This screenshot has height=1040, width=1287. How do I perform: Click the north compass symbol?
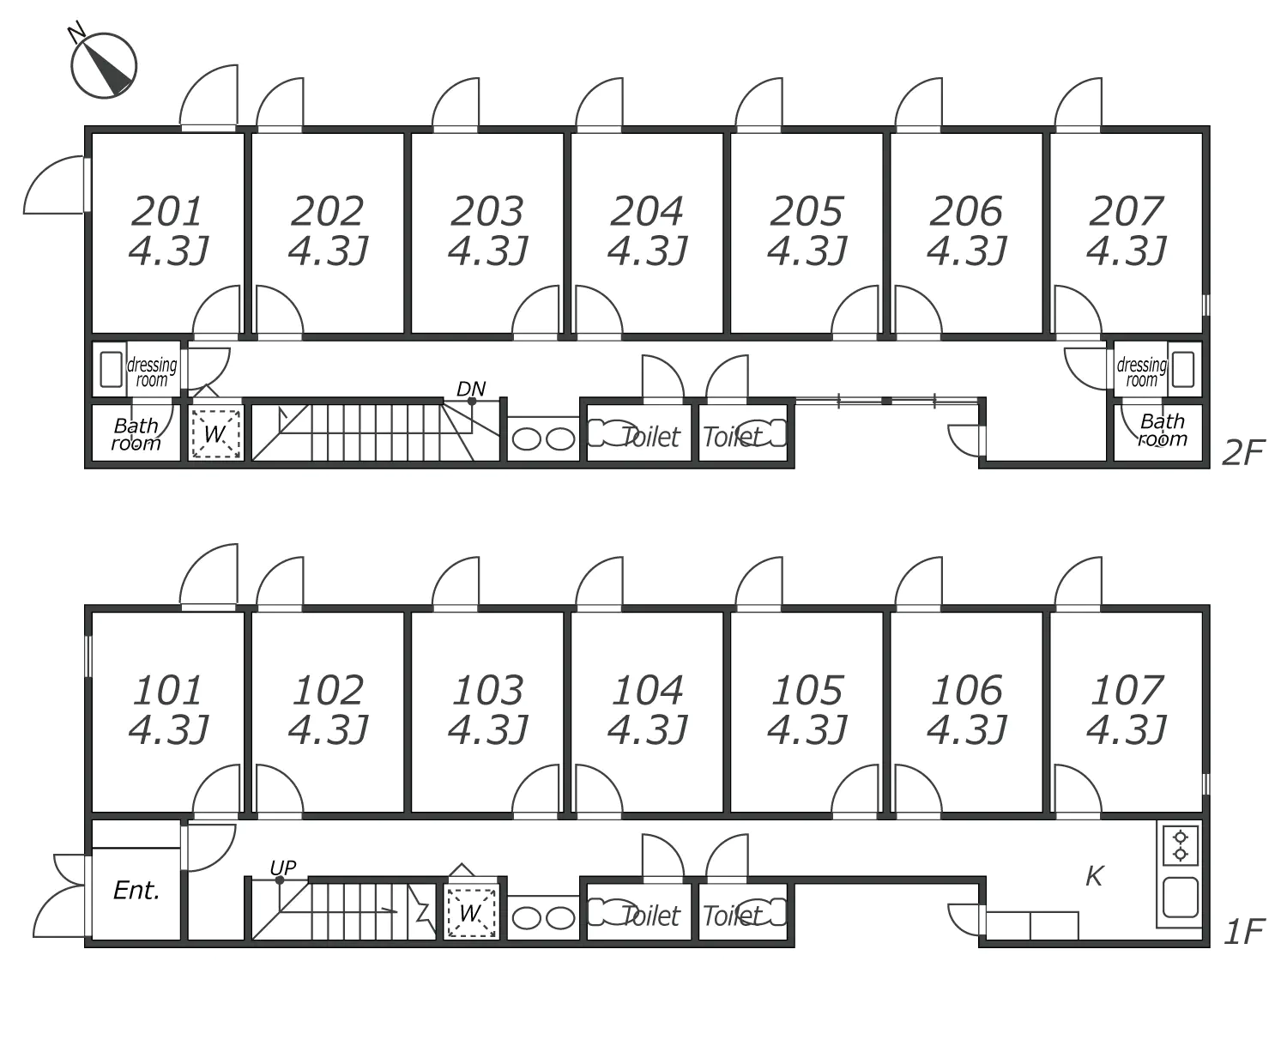pos(104,65)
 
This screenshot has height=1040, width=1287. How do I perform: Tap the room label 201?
pos(167,211)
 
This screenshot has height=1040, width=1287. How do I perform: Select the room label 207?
pos(1126,211)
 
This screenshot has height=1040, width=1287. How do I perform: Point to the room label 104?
pos(647,690)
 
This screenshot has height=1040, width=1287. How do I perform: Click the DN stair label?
pos(471,389)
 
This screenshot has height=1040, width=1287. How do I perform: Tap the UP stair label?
pos(283,868)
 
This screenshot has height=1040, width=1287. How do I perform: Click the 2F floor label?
pos(1243,453)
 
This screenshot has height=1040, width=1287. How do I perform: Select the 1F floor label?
pos(1243,932)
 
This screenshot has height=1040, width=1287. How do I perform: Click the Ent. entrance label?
pos(136,891)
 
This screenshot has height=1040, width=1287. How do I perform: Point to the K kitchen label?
pos(1094,876)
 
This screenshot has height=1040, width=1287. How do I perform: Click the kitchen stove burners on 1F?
pos(1181,845)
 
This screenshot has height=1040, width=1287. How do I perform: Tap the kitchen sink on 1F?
pos(1181,898)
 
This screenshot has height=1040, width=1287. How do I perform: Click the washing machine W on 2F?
pos(214,433)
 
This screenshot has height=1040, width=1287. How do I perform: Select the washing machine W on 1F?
pos(470,912)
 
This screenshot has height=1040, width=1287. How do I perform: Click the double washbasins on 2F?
pos(543,439)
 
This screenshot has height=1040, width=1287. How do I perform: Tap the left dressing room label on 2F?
pos(153,372)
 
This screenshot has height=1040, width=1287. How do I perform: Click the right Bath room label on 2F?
pos(1163,430)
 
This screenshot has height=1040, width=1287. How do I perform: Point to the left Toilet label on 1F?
pos(650,916)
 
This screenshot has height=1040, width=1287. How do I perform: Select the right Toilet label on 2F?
pos(732,438)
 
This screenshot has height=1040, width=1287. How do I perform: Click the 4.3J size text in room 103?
pos(487,730)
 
